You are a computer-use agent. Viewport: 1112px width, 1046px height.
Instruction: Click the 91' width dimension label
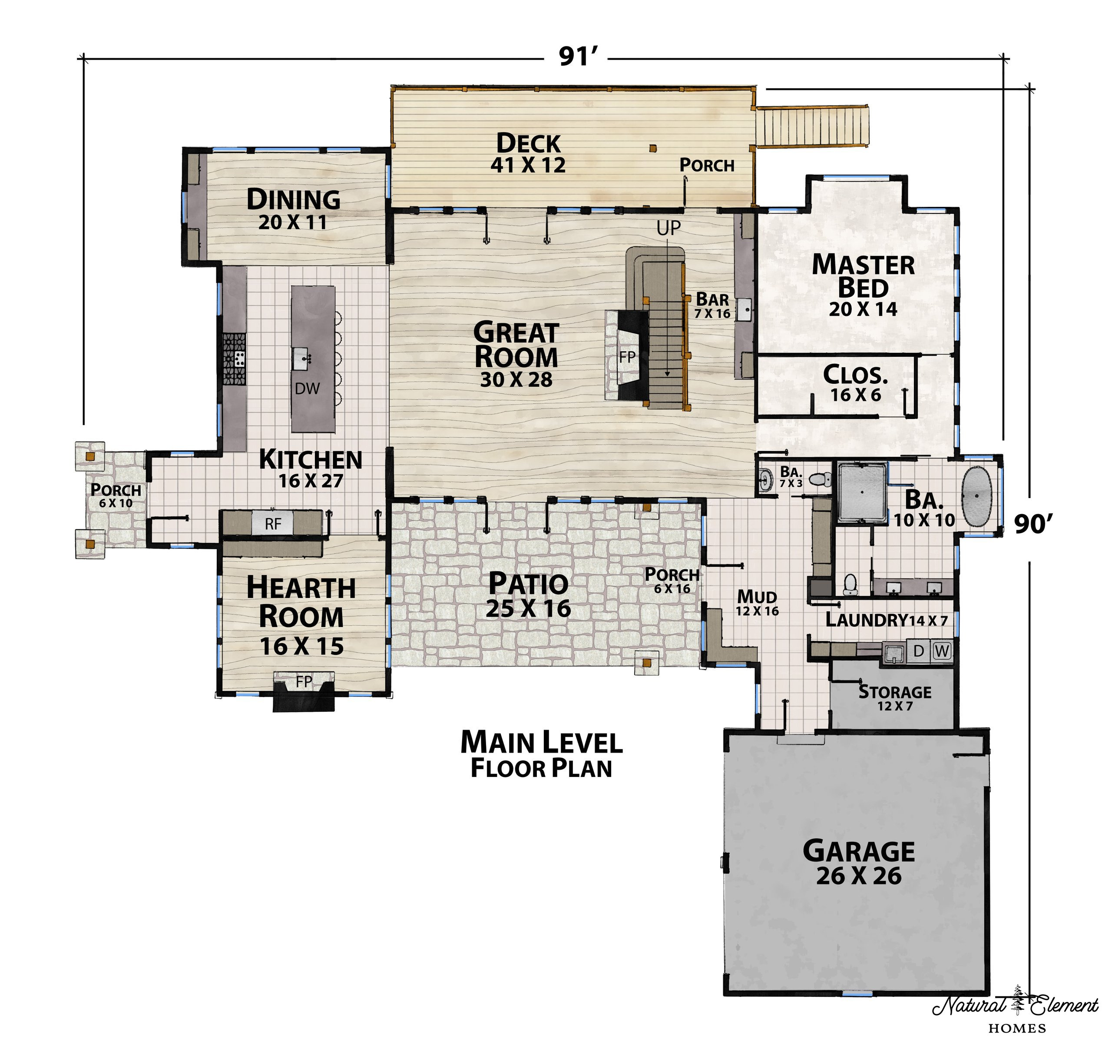coord(579,56)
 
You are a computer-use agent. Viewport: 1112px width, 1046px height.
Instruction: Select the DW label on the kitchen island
coord(307,389)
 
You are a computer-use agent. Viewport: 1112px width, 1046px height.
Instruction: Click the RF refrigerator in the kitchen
coord(273,524)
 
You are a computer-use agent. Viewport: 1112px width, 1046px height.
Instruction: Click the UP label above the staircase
coord(669,228)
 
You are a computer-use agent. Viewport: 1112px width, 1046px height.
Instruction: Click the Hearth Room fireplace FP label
coord(304,681)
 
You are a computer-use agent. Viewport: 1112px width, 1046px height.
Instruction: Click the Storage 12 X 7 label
coord(895,698)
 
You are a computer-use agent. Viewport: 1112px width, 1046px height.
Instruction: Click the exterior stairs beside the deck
coord(813,126)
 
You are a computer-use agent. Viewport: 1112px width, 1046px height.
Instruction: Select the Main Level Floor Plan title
coord(542,754)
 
